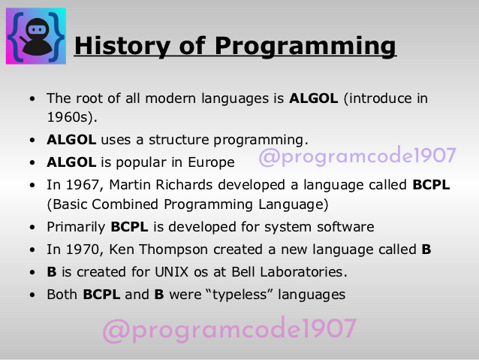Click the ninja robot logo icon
[x=36, y=36]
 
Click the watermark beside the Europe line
[x=357, y=156]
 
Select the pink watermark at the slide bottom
[x=229, y=329]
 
